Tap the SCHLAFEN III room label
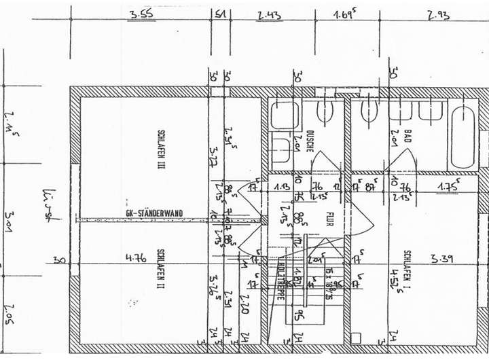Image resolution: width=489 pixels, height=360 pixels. [x=162, y=149]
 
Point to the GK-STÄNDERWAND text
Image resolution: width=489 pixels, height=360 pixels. [x=155, y=213]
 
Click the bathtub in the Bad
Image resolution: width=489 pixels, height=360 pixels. [x=464, y=136]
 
